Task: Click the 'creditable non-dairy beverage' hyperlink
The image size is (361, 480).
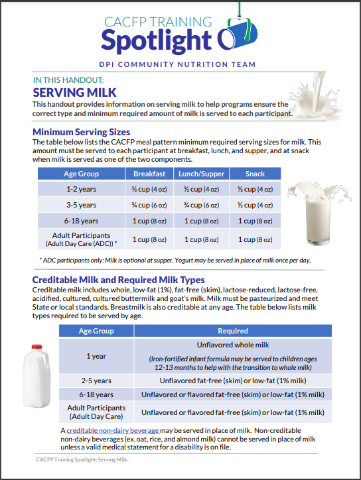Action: tap(113, 430)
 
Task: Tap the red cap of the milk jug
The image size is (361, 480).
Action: tap(36, 347)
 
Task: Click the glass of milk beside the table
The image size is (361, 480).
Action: tap(318, 214)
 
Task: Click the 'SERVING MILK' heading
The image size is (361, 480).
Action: tap(74, 92)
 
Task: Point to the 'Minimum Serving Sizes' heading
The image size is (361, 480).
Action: tap(81, 132)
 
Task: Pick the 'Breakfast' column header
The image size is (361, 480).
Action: tap(149, 174)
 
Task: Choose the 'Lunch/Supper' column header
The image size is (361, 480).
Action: tap(201, 174)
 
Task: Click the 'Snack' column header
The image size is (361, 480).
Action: tap(255, 174)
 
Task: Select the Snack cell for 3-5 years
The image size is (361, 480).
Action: tap(255, 205)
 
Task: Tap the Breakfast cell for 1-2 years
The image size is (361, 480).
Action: tap(149, 189)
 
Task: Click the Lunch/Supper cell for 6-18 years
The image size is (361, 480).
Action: tap(201, 221)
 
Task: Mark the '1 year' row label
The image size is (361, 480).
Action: tap(96, 356)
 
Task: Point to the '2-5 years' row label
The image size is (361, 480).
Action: tap(96, 381)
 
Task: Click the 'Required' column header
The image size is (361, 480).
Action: tap(233, 331)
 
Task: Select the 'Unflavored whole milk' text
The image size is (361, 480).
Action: tap(233, 345)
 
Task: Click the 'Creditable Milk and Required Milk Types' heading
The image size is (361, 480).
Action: tap(118, 280)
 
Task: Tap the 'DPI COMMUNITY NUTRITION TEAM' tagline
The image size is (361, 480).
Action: tap(177, 64)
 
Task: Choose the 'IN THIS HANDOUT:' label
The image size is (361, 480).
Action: tap(68, 80)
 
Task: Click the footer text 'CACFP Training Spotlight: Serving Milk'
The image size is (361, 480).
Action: tap(82, 459)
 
